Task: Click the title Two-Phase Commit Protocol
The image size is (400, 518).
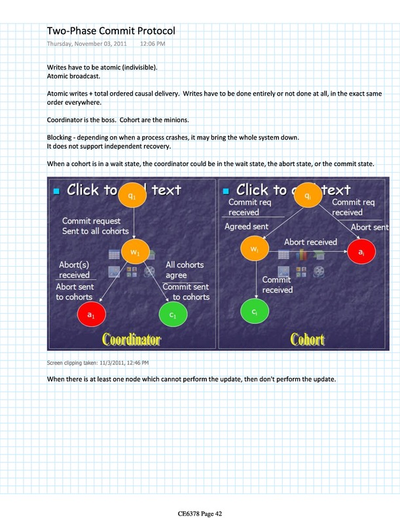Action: (111, 30)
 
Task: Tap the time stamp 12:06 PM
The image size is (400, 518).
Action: (153, 44)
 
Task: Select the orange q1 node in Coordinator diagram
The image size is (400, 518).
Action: (133, 196)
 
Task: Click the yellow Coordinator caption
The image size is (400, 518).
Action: (131, 339)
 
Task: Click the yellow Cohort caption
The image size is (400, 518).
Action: (307, 339)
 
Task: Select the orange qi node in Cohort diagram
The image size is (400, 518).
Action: (308, 196)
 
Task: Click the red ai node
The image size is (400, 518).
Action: (361, 251)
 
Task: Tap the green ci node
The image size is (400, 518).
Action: (254, 311)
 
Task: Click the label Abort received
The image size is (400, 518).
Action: (310, 242)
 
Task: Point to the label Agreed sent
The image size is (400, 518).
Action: (246, 226)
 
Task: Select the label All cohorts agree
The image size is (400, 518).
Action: (185, 270)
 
